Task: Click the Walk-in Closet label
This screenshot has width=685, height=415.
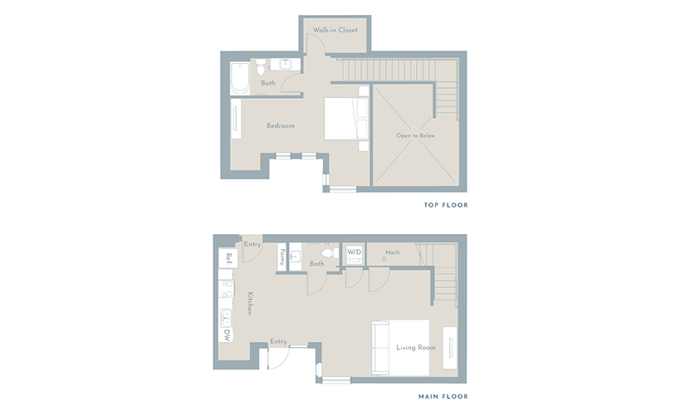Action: click(335, 30)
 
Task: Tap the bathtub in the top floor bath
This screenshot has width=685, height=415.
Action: click(240, 78)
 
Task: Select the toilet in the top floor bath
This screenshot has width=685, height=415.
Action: click(261, 67)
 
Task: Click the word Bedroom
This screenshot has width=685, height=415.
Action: click(281, 126)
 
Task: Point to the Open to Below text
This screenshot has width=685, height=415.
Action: click(415, 135)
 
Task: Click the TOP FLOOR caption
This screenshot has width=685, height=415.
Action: click(446, 205)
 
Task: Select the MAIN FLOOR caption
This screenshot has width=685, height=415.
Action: click(443, 397)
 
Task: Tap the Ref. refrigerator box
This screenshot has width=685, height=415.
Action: click(228, 259)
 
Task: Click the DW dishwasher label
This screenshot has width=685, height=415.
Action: click(227, 335)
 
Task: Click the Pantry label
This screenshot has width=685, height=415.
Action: click(282, 256)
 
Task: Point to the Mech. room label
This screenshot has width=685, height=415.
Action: click(393, 252)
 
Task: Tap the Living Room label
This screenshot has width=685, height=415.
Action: click(416, 348)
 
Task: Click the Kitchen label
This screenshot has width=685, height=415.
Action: click(250, 303)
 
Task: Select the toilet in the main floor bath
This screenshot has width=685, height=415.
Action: click(330, 253)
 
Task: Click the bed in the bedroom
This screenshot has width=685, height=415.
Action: click(346, 119)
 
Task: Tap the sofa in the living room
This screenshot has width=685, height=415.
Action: click(380, 347)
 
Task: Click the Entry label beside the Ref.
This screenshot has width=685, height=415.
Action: click(252, 244)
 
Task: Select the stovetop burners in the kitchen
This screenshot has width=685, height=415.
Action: click(227, 289)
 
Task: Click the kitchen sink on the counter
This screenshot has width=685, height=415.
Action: click(226, 318)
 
